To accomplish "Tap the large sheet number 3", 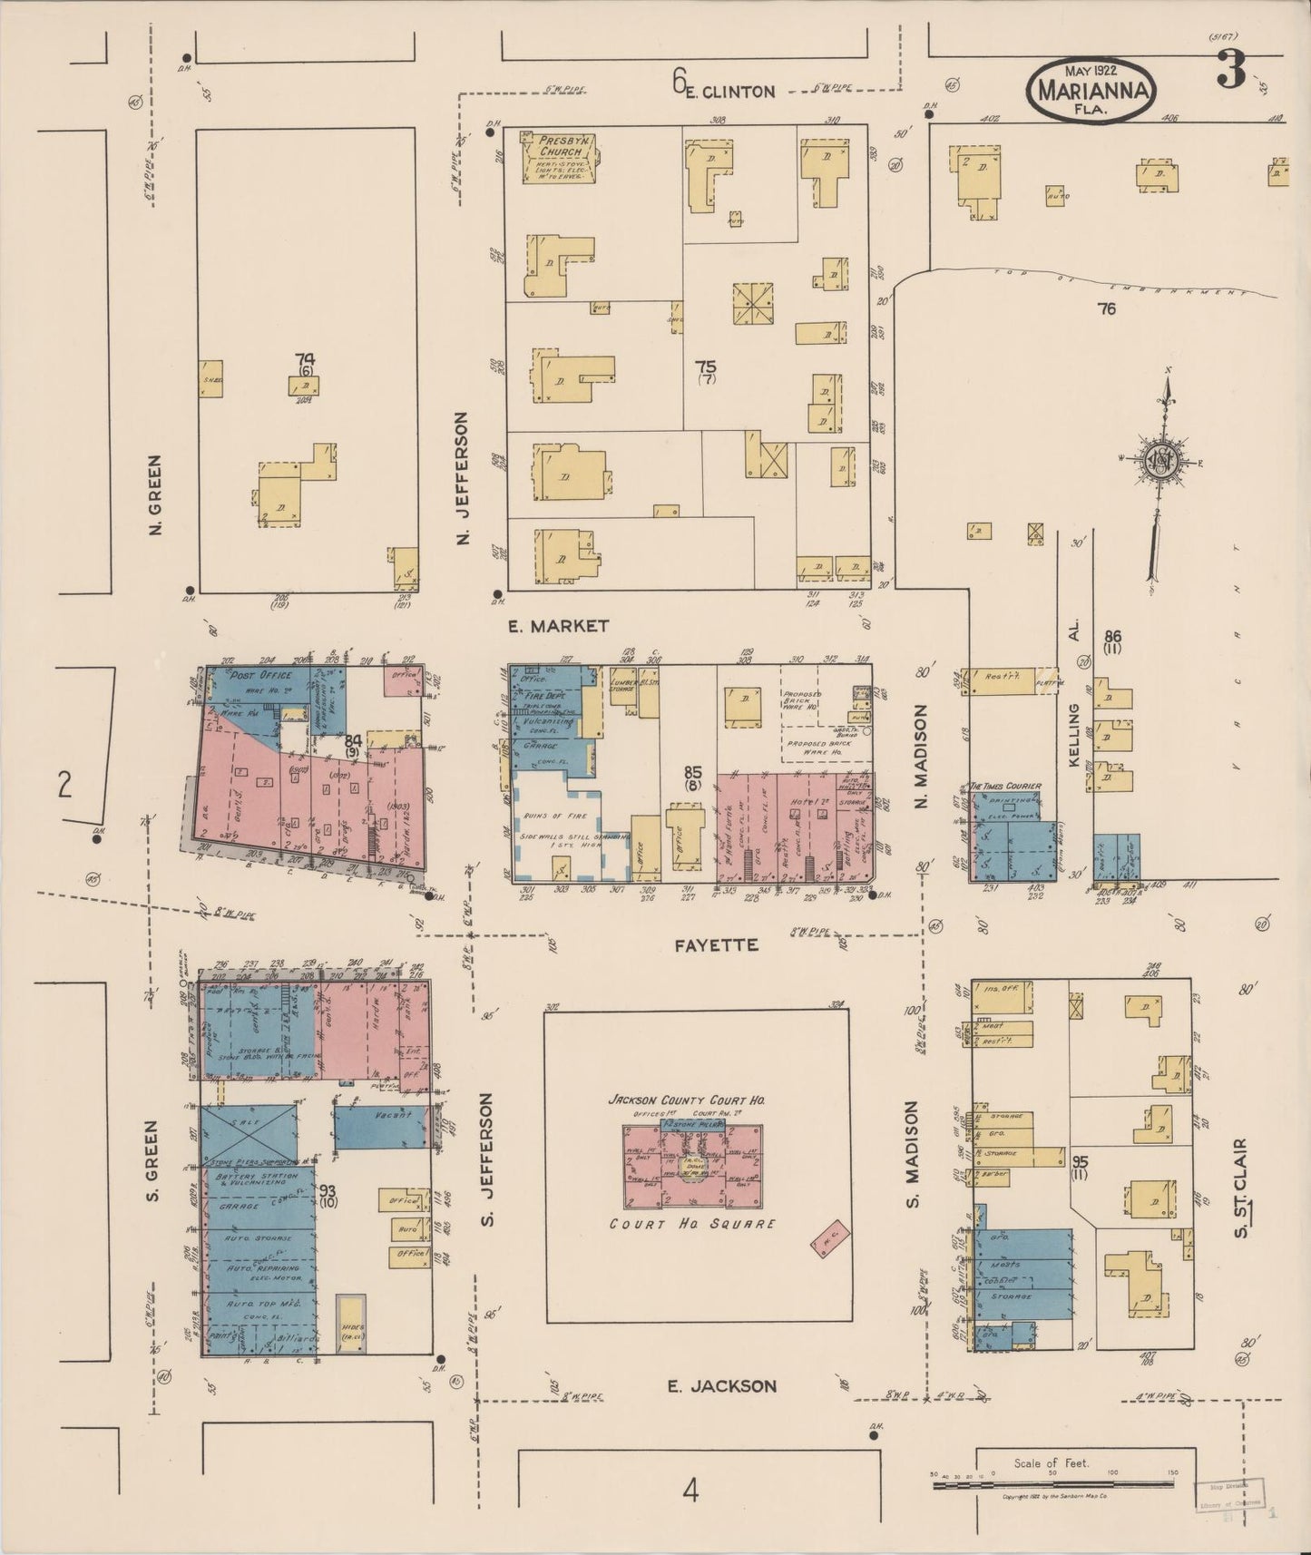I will click(1231, 70).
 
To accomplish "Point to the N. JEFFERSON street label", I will click(464, 478).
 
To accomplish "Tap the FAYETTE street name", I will click(729, 945).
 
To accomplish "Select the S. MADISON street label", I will click(912, 1154).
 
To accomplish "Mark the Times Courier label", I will click(1005, 786).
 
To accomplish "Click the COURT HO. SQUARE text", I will click(692, 1224).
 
